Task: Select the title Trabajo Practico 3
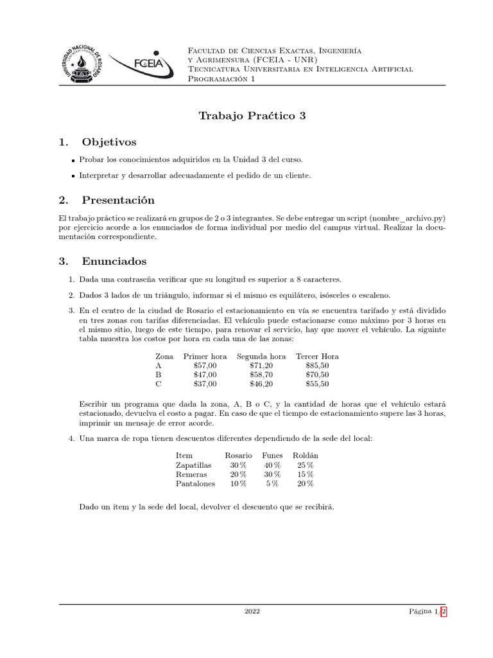(252, 116)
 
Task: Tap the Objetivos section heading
(108, 141)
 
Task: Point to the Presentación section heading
(118, 200)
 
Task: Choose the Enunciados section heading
(114, 261)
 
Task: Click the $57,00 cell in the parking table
(205, 365)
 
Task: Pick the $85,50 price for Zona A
(317, 365)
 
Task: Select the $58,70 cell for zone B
(261, 375)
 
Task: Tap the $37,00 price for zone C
(205, 384)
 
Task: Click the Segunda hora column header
(261, 356)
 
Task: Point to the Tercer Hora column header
(317, 356)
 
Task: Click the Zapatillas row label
(193, 465)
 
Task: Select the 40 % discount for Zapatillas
(272, 465)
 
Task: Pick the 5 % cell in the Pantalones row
(272, 484)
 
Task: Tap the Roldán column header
(305, 456)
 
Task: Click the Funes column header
(272, 456)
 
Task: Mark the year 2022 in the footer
(252, 612)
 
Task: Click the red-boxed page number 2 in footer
(443, 612)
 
